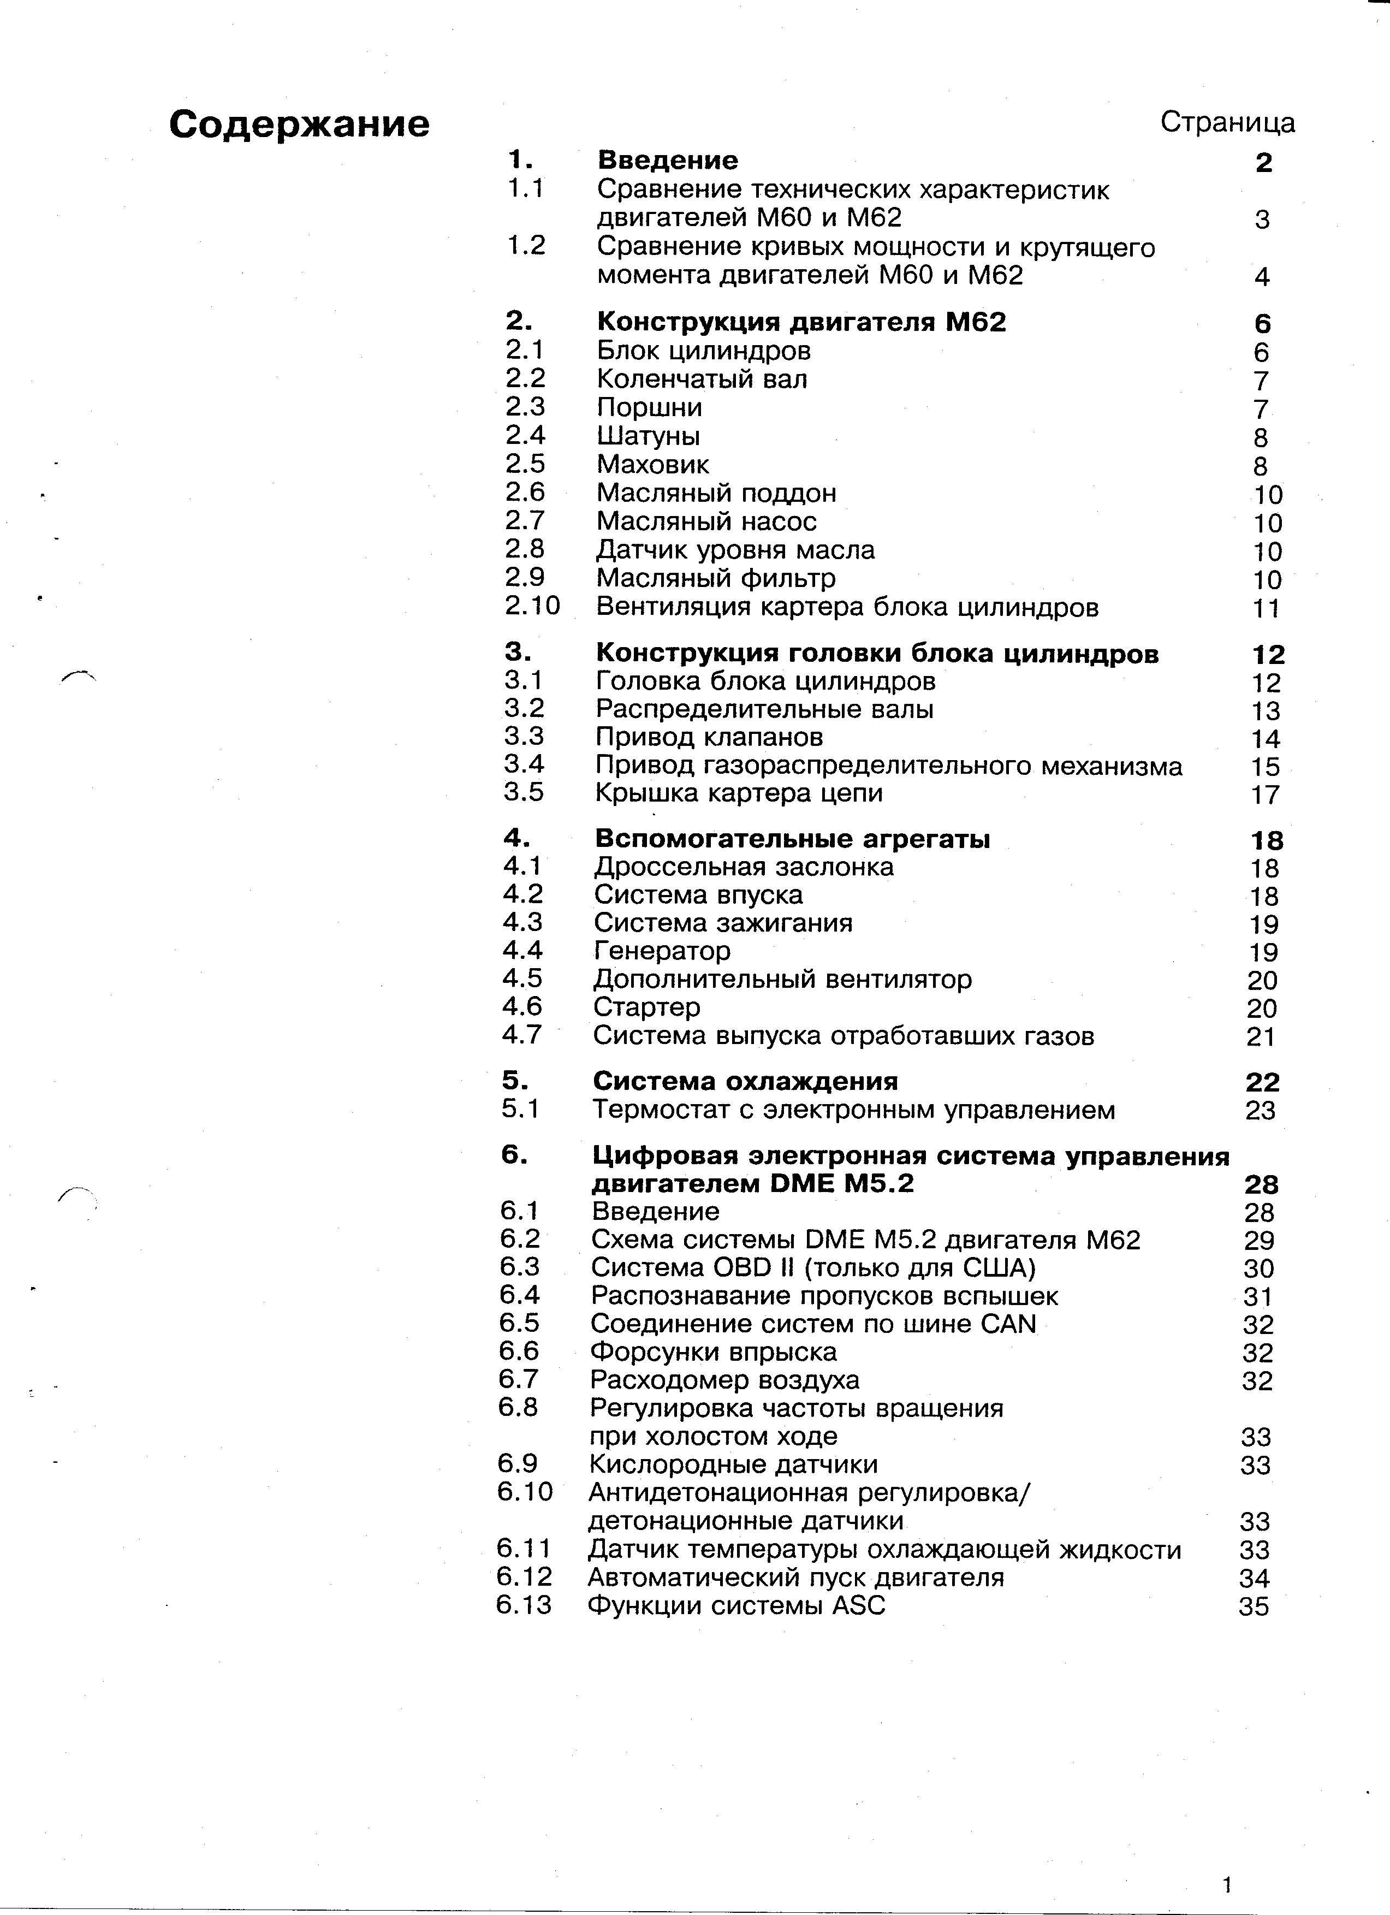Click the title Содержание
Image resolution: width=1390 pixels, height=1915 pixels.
coord(299,124)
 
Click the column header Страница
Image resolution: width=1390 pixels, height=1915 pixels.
coord(1227,122)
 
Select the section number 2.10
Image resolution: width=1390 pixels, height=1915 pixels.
coord(532,606)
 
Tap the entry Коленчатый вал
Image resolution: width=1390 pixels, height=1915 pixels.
coord(702,379)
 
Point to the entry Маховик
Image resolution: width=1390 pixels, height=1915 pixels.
coord(652,464)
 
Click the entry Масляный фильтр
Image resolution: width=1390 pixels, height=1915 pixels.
coord(716,578)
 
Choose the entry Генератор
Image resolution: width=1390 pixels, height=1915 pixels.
coord(662,951)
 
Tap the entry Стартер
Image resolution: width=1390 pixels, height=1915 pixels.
coord(646,1007)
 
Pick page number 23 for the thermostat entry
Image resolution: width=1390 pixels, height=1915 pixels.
coord(1260,1110)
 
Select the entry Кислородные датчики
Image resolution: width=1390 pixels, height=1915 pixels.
coord(733,1464)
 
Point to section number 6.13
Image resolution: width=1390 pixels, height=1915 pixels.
coord(524,1604)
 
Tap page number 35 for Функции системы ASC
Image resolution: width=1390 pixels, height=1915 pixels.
coord(1254,1606)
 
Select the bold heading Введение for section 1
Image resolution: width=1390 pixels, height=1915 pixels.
coord(667,159)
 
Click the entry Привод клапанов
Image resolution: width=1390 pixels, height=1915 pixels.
coord(709,737)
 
